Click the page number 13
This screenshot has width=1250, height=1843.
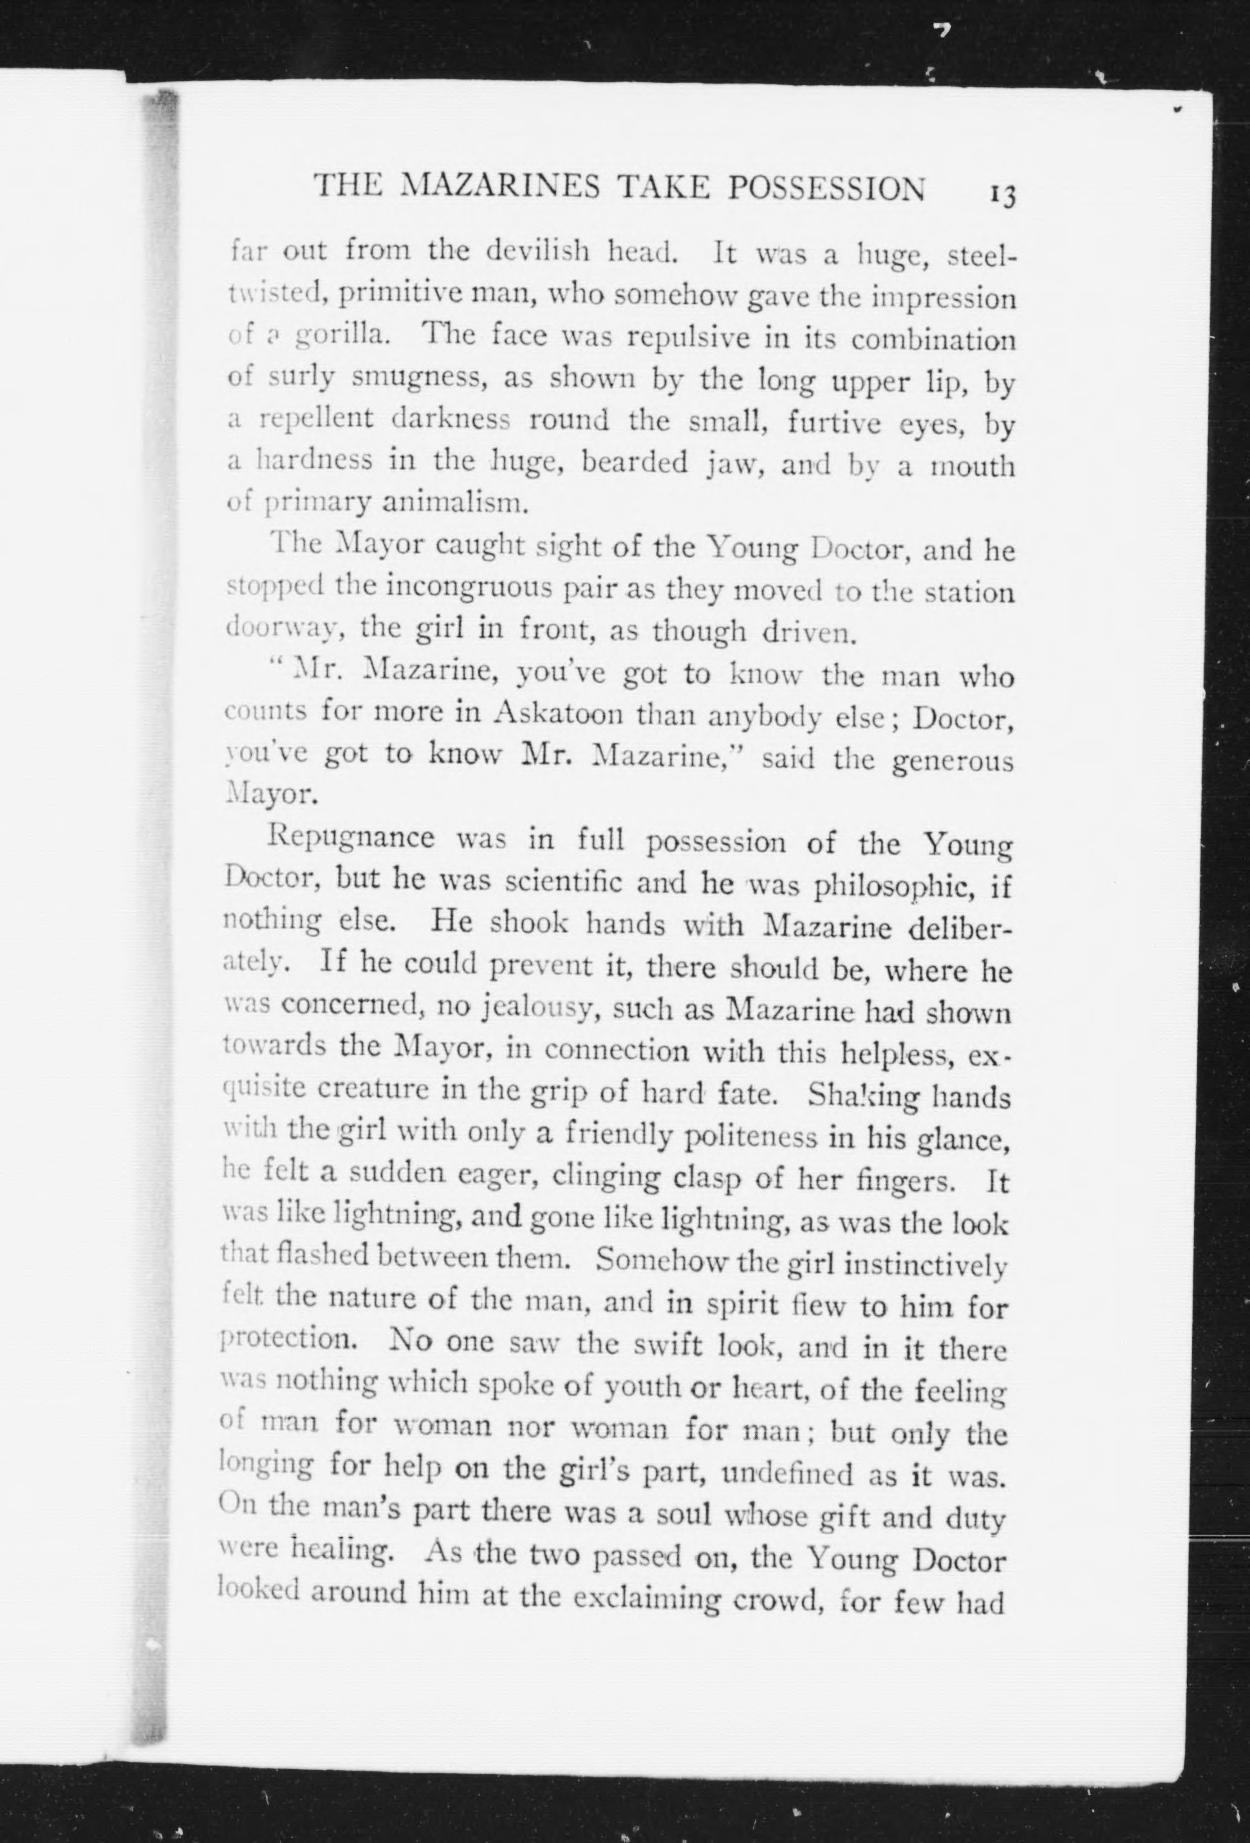coord(1002,194)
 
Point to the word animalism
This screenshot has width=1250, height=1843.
coord(454,502)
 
